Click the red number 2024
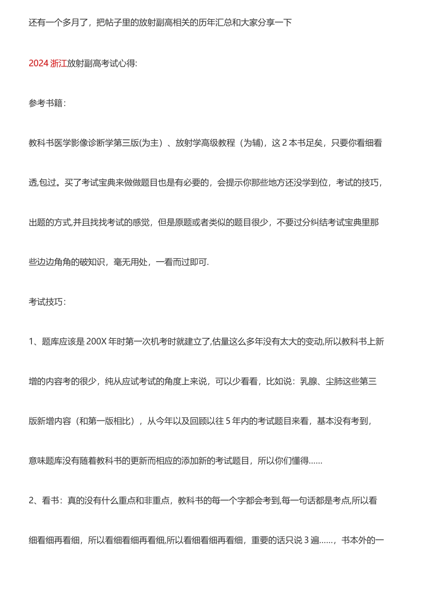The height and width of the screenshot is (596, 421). pyautogui.click(x=39, y=63)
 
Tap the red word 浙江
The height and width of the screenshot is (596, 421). pyautogui.click(x=58, y=63)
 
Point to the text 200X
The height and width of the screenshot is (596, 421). pyautogui.click(x=97, y=341)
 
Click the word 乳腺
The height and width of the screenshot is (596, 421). pyautogui.click(x=308, y=381)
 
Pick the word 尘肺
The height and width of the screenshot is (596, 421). pyautogui.click(x=334, y=381)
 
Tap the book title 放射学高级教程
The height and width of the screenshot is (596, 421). pyautogui.click(x=205, y=143)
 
